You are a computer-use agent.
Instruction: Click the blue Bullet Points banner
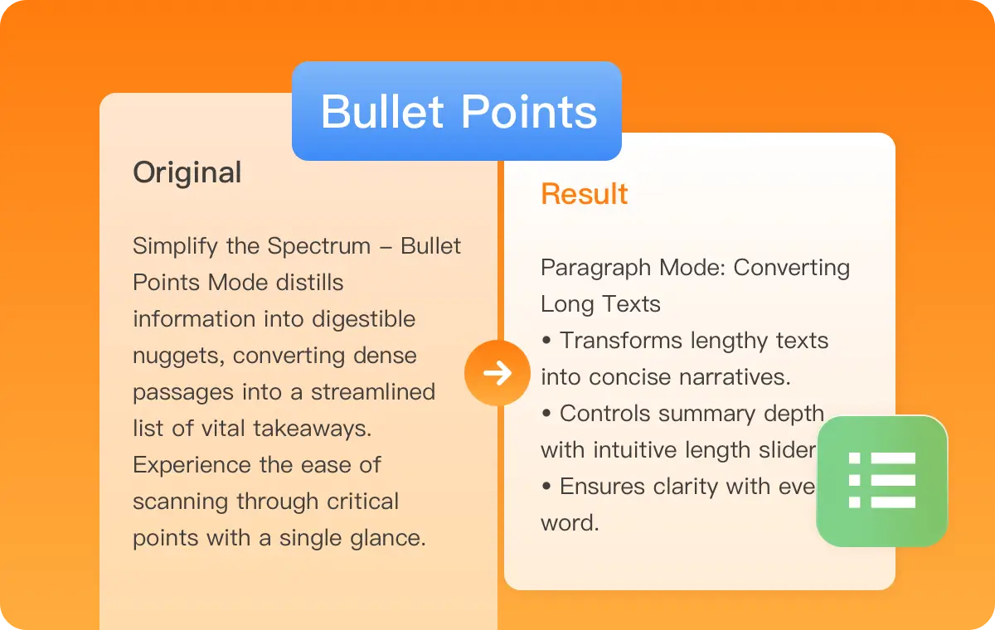click(457, 111)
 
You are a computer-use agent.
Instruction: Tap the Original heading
click(187, 172)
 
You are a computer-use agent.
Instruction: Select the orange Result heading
click(585, 194)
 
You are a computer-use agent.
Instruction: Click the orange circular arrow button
click(497, 373)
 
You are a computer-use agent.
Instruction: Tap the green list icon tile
click(881, 481)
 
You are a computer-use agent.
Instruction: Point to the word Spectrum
click(319, 246)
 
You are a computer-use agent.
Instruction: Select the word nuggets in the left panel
click(178, 356)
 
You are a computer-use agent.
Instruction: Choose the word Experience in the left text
click(192, 465)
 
